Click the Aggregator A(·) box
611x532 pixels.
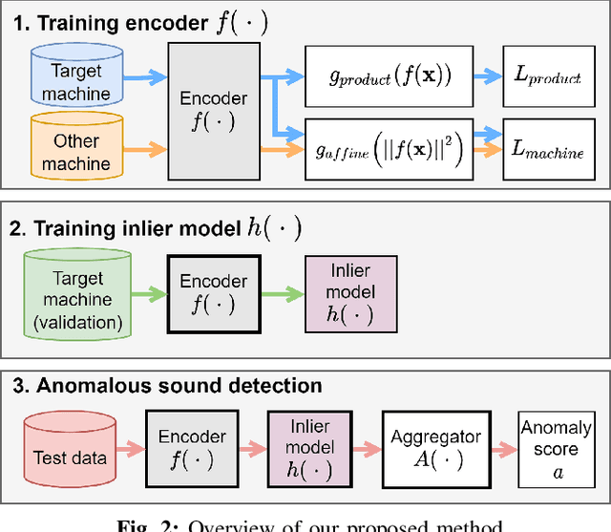click(435, 448)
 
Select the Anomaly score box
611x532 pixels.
click(556, 448)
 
